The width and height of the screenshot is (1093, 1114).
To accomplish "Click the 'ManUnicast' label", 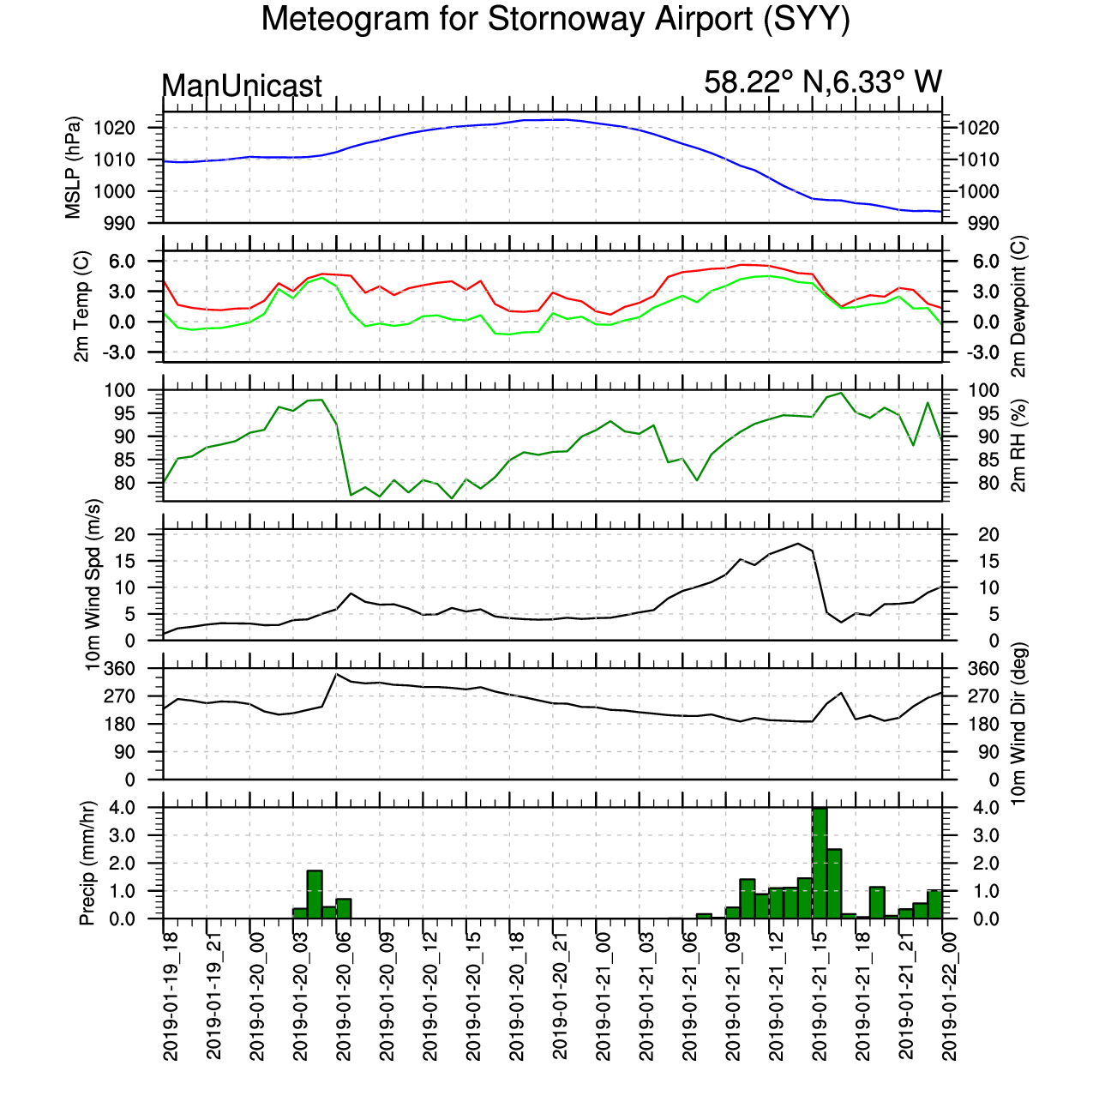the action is (x=242, y=86).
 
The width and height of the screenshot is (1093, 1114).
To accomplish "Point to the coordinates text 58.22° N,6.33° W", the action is (x=822, y=82).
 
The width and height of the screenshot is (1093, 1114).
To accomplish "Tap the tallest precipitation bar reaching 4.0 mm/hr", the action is (x=820, y=863).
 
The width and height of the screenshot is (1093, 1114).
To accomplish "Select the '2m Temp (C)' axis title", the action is (x=81, y=306).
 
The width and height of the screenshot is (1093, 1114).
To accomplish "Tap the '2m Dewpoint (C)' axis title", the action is (x=1018, y=306).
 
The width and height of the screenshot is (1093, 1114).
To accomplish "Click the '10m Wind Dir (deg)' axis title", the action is (x=1018, y=724).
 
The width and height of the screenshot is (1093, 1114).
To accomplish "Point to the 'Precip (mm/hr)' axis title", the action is (x=87, y=863).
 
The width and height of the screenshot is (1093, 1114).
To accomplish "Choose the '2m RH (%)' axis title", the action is (x=1018, y=446).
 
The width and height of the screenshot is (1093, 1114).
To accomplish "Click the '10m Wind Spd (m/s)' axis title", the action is (x=93, y=585).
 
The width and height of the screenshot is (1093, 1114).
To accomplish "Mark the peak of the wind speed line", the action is (x=797, y=544).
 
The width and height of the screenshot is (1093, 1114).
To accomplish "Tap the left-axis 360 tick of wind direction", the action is (x=118, y=669).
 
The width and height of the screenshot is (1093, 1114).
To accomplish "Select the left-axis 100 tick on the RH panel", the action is (x=120, y=390).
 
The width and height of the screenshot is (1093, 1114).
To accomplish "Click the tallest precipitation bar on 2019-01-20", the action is (x=315, y=894).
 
